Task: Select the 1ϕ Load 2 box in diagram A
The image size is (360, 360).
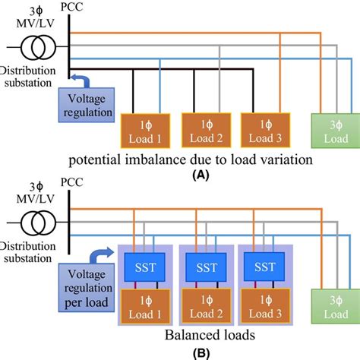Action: [x=204, y=130]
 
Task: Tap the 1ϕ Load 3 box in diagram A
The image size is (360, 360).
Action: [x=264, y=130]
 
